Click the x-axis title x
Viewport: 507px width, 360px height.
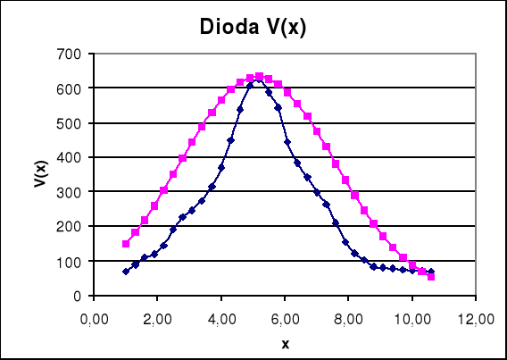tap(285, 342)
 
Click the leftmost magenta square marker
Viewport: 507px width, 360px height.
tap(126, 244)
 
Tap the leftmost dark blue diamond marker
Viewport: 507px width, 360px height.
tap(126, 272)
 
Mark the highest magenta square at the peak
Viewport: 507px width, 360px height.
tap(259, 77)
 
